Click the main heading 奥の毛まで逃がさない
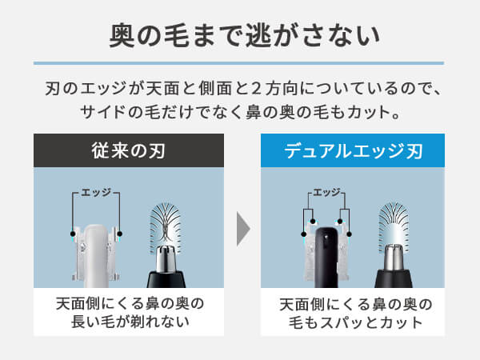pyautogui.click(x=245, y=36)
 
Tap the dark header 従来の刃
pyautogui.click(x=129, y=150)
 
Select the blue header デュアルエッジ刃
pyautogui.click(x=353, y=150)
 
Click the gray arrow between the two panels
pyautogui.click(x=243, y=229)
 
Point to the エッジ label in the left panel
pyautogui.click(x=96, y=193)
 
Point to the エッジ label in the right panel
pyautogui.click(x=326, y=193)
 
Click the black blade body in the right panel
pyautogui.click(x=326, y=257)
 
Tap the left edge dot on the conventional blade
pyautogui.click(x=73, y=234)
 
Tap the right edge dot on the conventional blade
pyautogui.click(x=120, y=234)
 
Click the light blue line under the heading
pyautogui.click(x=238, y=63)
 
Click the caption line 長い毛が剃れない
pyautogui.click(x=130, y=322)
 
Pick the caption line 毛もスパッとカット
pyautogui.click(x=355, y=322)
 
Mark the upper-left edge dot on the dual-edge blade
pyautogui.click(x=313, y=222)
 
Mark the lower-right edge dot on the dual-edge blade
pyautogui.click(x=349, y=234)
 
